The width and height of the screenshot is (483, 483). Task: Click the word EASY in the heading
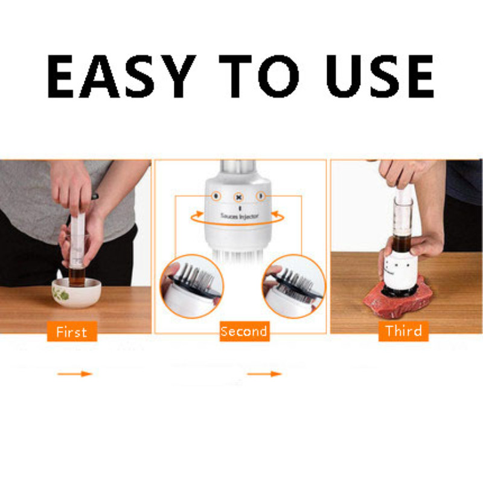point(121,77)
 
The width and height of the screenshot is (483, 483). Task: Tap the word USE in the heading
point(380,77)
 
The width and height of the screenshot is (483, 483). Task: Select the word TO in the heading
point(259,77)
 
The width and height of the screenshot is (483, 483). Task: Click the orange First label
point(72,331)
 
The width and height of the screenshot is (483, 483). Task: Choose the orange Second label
point(245,331)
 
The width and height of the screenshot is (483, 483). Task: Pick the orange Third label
point(403,331)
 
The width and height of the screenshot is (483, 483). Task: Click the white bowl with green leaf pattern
point(76,292)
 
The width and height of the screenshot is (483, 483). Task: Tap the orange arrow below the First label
point(75,374)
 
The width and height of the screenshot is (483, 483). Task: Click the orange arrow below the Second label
point(264,374)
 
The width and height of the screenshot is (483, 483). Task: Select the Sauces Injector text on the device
point(239,216)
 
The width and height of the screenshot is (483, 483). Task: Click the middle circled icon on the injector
point(238,197)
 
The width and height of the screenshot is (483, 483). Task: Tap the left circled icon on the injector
point(216,196)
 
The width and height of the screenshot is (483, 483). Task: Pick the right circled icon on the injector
point(261,196)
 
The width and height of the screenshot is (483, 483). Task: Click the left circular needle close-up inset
point(191,286)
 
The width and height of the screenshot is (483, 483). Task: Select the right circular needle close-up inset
point(293,286)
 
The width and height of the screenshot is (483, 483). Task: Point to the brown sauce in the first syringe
point(77,277)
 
